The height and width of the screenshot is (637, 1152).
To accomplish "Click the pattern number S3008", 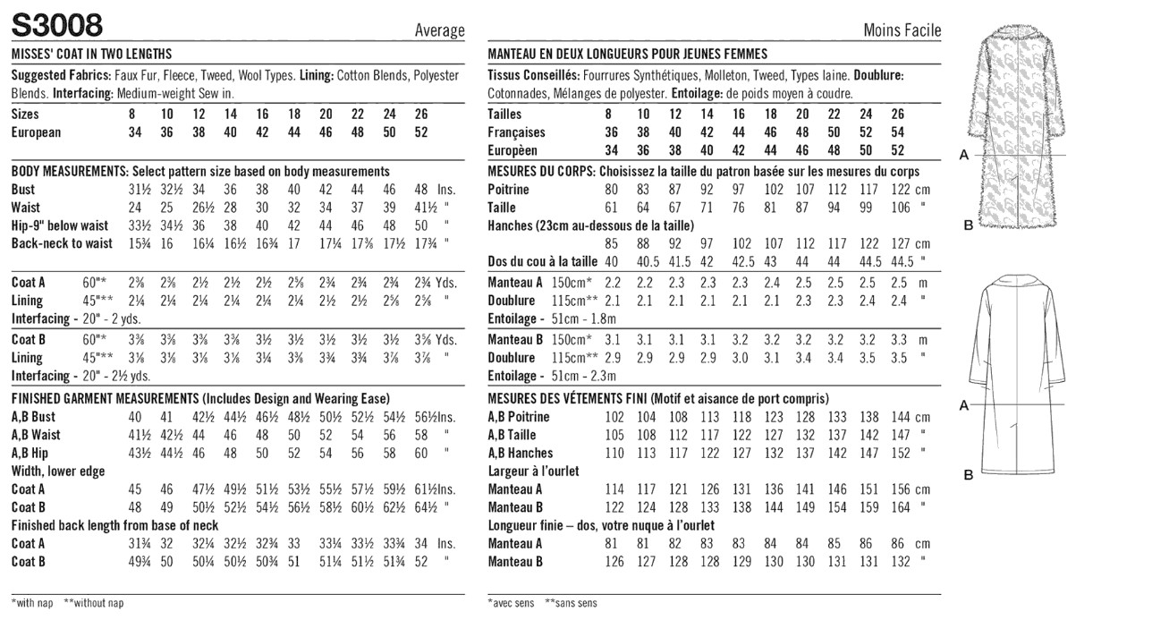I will tap(57, 24).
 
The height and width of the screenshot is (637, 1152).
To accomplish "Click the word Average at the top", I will tap(439, 30).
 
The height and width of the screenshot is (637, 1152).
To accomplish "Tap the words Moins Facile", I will tap(902, 30).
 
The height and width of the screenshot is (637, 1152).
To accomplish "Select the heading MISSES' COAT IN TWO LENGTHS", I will tap(91, 54).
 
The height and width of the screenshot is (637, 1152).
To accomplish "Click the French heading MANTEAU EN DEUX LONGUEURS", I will tap(627, 54).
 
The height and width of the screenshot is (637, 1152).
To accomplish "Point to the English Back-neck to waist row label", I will tap(62, 243).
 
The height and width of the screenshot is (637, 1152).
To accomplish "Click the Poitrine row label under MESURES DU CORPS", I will tap(508, 190).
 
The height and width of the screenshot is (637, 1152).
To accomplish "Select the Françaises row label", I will tap(516, 132).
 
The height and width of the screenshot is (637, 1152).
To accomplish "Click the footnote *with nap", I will tap(32, 603).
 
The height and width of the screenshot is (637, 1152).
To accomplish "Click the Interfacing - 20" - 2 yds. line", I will tap(80, 318).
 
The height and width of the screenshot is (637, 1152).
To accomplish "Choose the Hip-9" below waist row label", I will tap(59, 225).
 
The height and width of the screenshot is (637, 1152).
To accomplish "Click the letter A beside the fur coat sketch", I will tap(964, 155).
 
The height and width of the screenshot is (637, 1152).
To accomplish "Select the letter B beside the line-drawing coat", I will tap(968, 475).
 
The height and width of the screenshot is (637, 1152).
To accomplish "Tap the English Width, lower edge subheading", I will tap(58, 471).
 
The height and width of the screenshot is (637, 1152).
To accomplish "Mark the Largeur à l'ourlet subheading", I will tap(533, 471).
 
